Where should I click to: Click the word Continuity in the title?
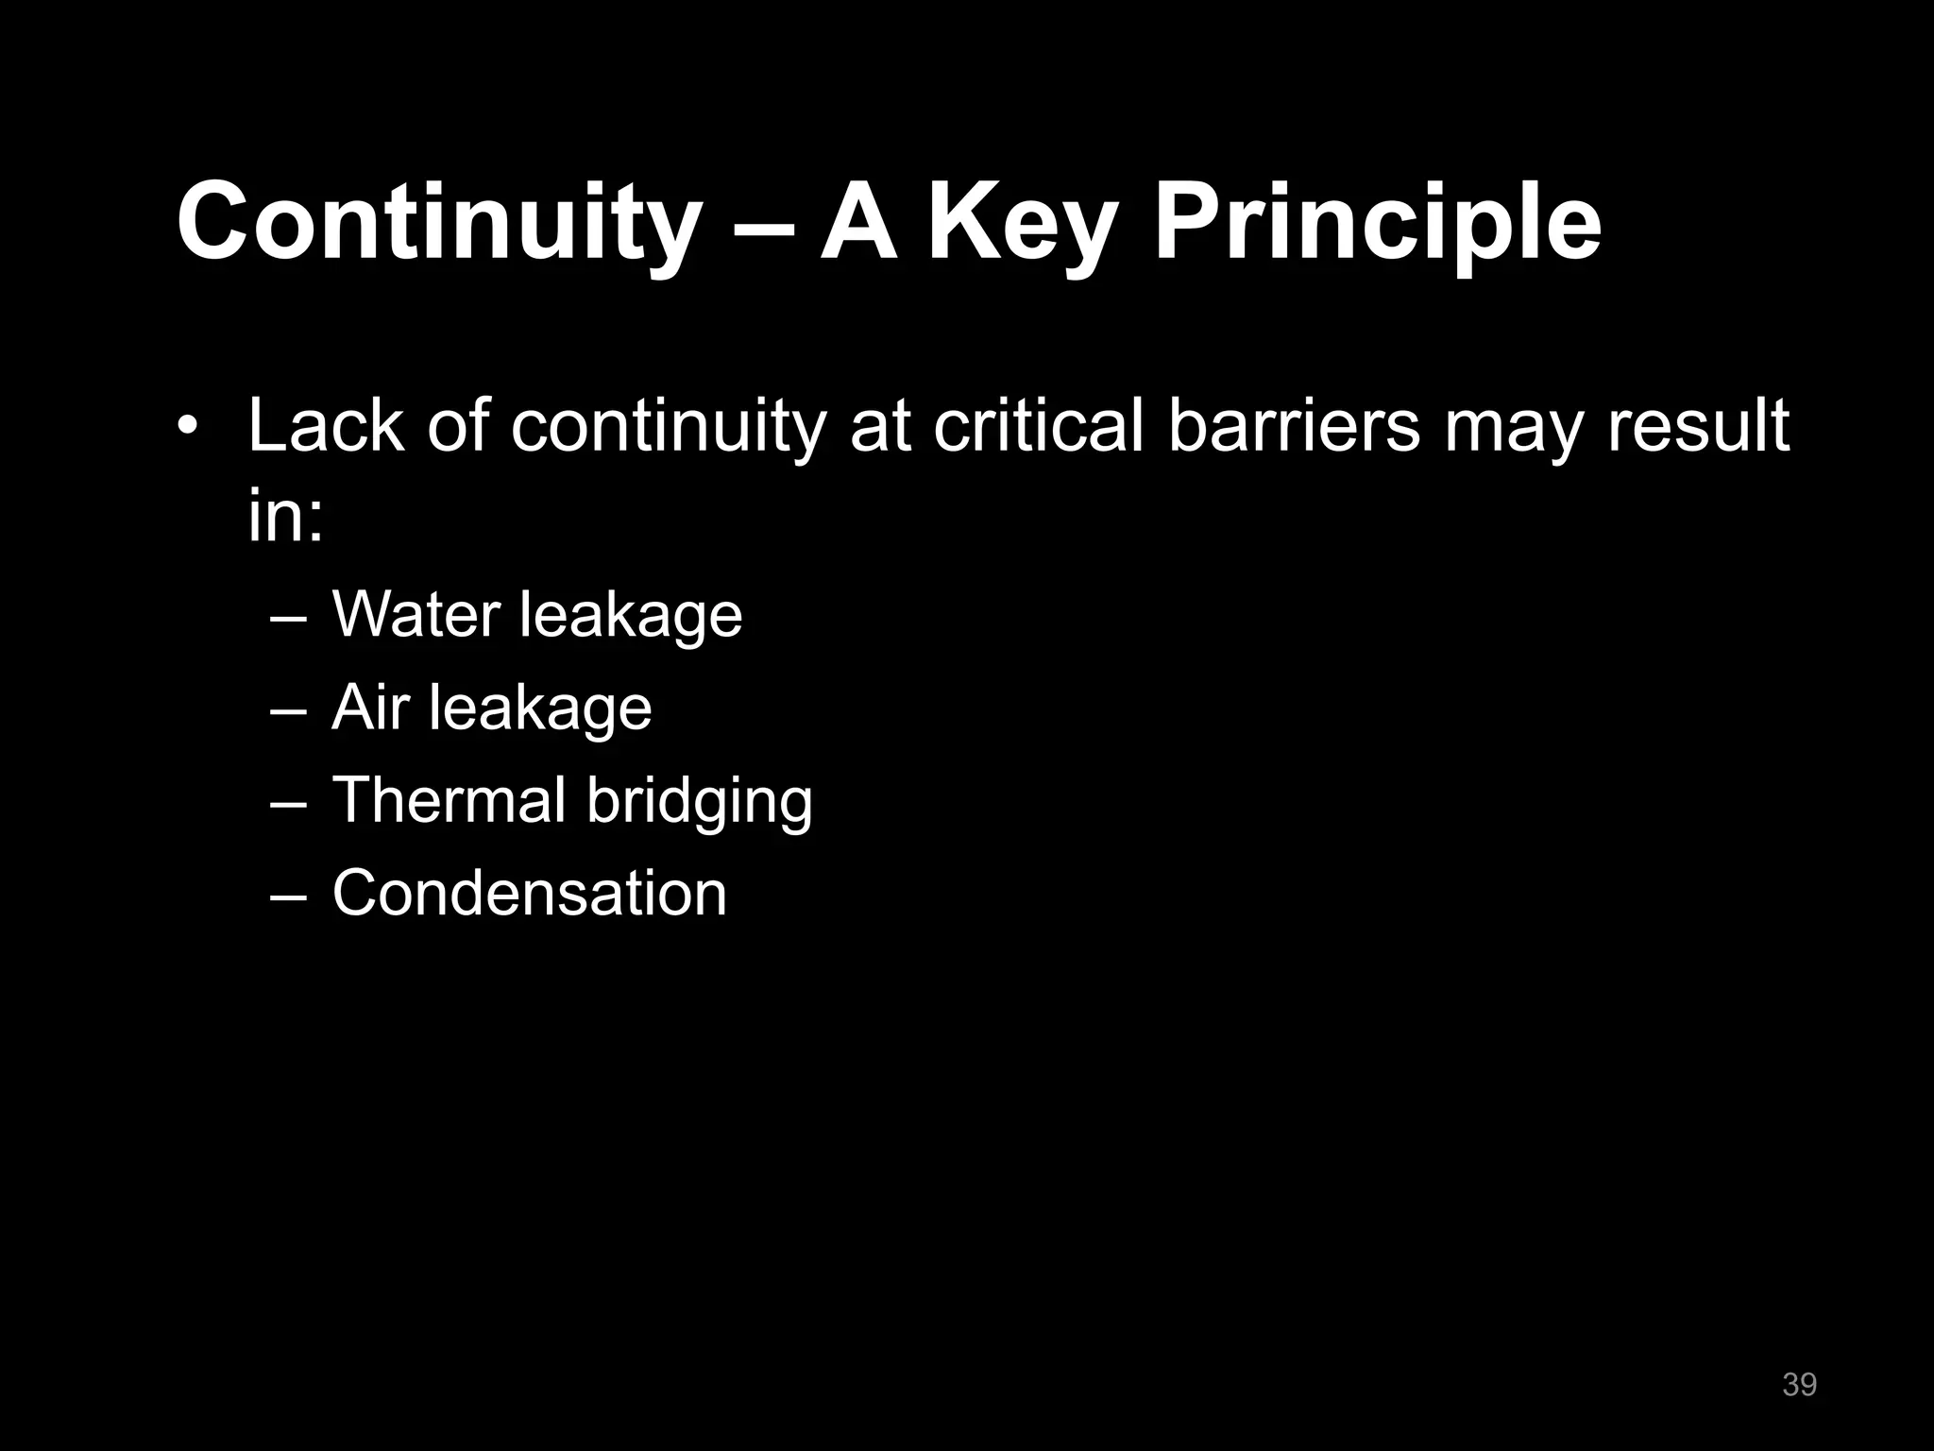[434, 223]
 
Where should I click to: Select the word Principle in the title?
[1376, 223]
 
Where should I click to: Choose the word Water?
[416, 615]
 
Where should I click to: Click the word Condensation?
[529, 893]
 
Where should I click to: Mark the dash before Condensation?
[288, 895]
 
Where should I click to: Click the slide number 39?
[1799, 1385]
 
